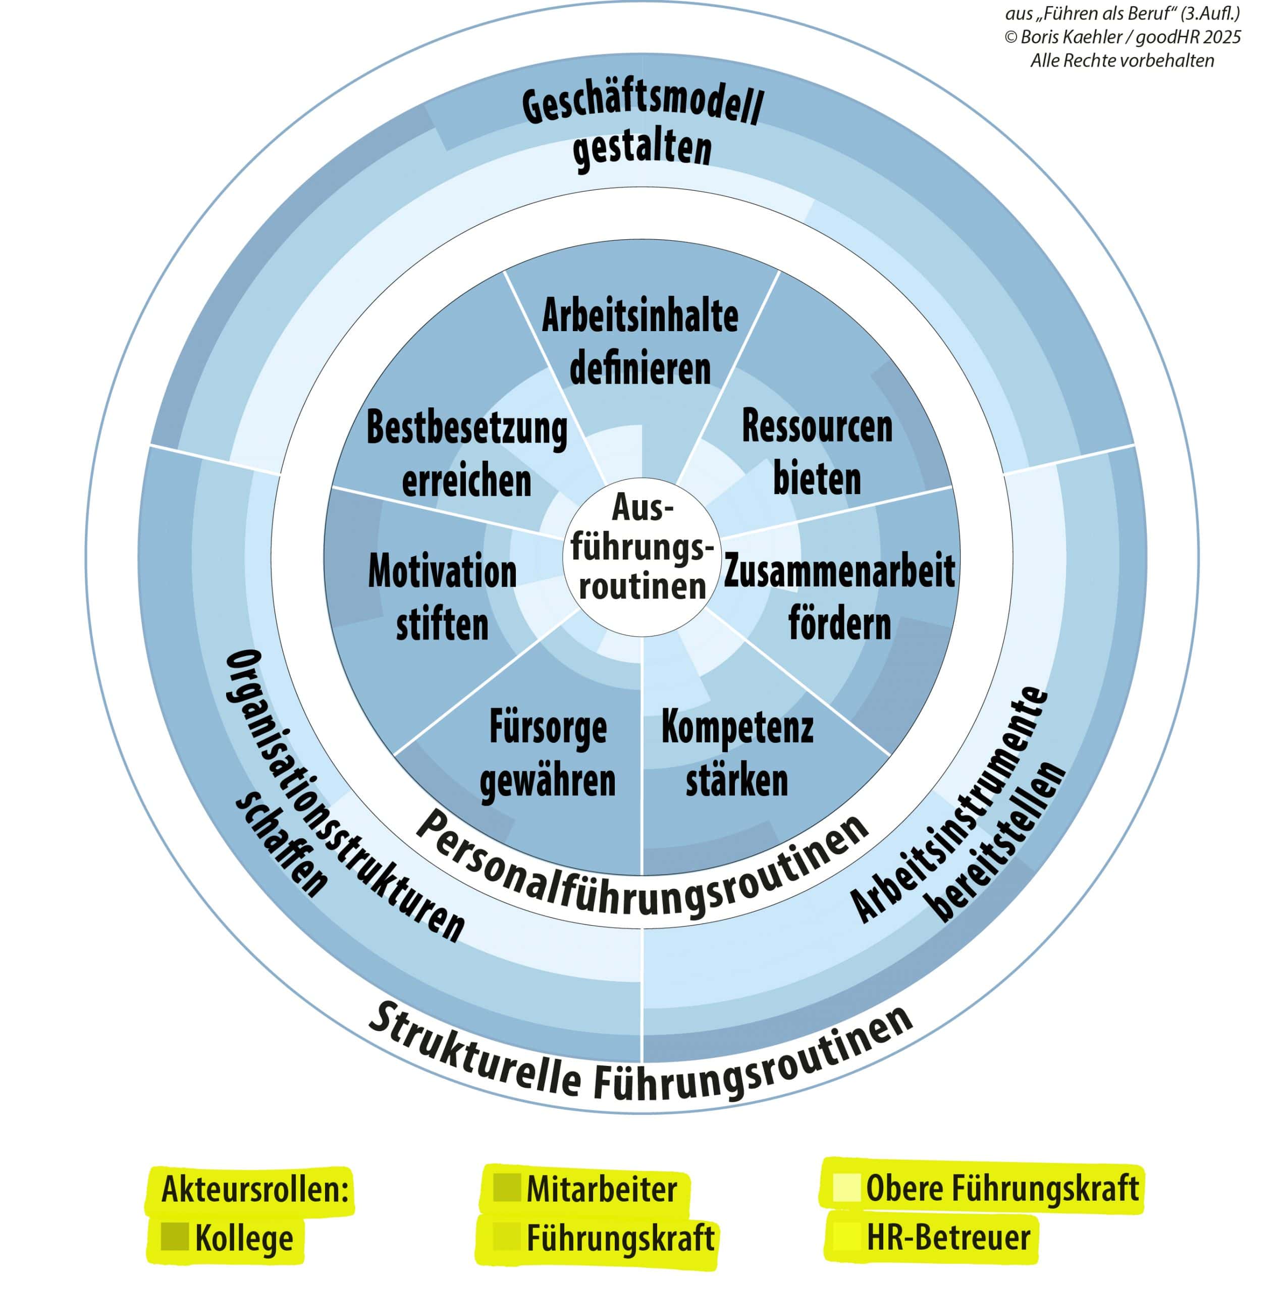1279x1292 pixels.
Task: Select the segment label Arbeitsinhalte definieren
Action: [639, 342]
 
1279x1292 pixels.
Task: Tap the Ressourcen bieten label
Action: [816, 453]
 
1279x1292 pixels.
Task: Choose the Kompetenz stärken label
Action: [736, 753]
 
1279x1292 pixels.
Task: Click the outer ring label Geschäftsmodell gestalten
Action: [642, 127]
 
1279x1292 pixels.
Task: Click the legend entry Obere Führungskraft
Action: [1001, 1189]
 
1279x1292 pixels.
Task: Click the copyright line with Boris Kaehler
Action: [1122, 37]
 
